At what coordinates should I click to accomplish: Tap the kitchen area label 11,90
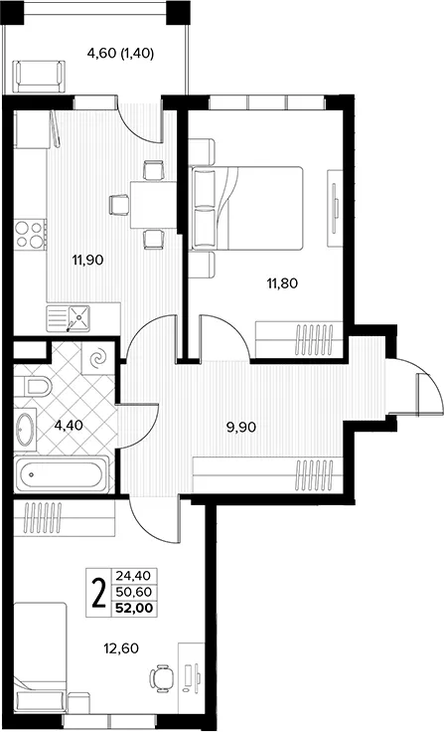coord(87,260)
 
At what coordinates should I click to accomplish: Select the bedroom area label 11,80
coord(282,282)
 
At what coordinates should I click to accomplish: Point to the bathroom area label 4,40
coord(69,425)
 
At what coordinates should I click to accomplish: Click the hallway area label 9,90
coord(241,427)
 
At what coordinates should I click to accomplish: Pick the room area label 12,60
coord(121,648)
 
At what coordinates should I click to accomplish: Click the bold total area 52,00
coord(134,609)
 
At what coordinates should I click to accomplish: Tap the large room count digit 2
coord(98,593)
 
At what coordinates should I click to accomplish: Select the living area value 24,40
coord(134,576)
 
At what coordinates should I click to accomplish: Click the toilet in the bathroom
coord(32,386)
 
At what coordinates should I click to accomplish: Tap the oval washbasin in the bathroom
coord(25,430)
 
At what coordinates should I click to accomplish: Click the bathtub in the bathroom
coord(61,474)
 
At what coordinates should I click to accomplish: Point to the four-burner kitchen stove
coord(30,235)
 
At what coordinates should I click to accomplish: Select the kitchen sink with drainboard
coord(69,318)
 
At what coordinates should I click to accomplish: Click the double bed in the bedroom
coord(247,208)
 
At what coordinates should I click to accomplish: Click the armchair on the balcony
coord(39,77)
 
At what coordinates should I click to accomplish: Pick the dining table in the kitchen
coord(153,205)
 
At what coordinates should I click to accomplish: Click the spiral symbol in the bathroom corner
coord(98,358)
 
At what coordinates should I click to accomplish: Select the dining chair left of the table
coord(119,205)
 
